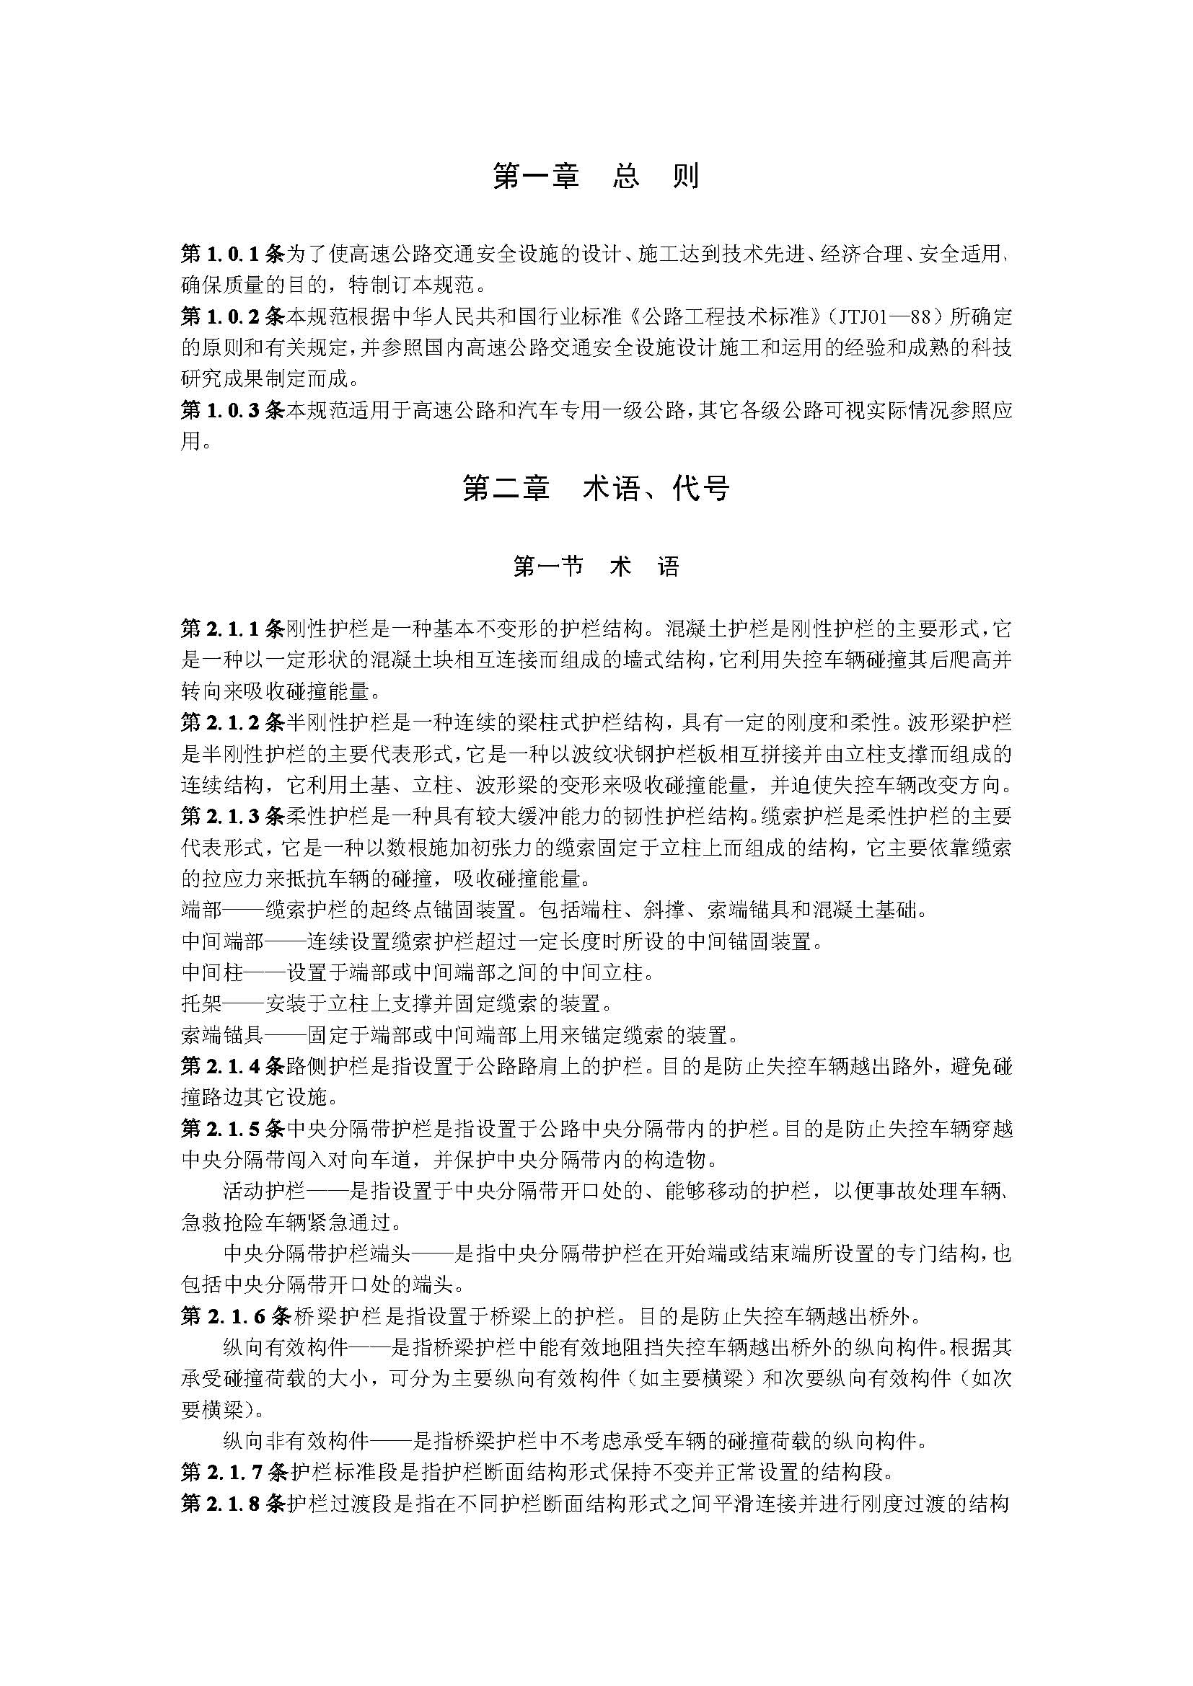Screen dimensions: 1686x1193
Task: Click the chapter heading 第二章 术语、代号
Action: pos(596,488)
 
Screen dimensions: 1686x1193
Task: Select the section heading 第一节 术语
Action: pos(596,567)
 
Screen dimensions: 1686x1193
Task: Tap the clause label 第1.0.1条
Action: pos(232,254)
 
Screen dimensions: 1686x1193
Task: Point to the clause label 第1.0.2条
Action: pos(232,316)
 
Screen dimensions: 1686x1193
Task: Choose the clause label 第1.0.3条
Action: pos(232,409)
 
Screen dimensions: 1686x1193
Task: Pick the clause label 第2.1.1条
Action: pos(232,629)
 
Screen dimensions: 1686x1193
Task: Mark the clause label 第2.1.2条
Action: pos(232,722)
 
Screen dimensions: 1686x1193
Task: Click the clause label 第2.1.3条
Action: pos(232,816)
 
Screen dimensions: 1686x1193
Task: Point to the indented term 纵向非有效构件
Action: pos(294,1441)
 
